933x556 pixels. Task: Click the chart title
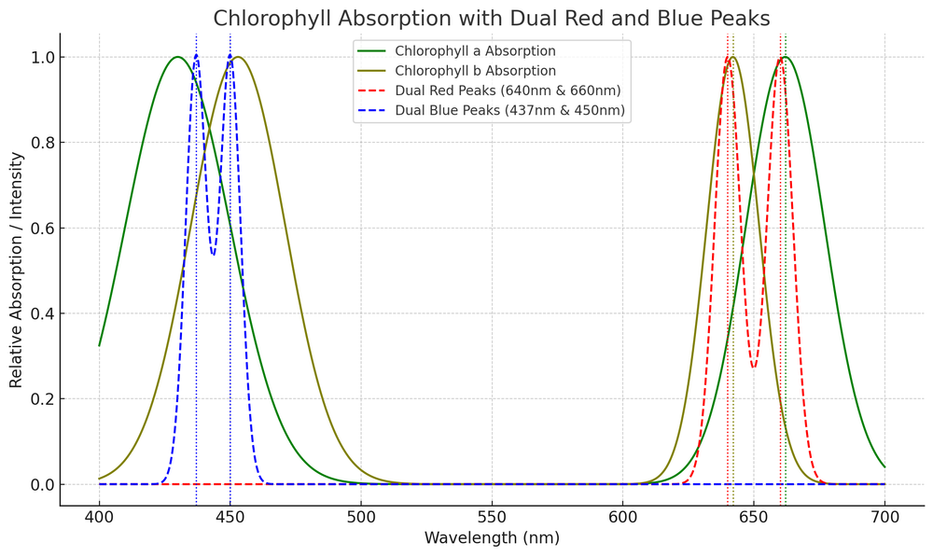click(x=492, y=19)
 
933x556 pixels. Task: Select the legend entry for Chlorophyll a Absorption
click(x=475, y=51)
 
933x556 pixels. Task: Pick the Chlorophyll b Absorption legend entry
click(x=475, y=71)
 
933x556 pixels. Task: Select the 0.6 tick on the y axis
click(x=41, y=229)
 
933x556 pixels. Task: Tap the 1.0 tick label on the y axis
click(x=41, y=58)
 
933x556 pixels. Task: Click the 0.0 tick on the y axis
click(x=41, y=485)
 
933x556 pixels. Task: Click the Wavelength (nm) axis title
click(x=492, y=539)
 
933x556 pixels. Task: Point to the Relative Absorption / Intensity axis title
click(x=17, y=271)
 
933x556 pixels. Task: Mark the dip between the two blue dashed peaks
click(x=214, y=255)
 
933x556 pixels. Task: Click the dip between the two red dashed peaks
click(x=754, y=368)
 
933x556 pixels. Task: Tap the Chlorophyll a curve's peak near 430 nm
click(x=177, y=57)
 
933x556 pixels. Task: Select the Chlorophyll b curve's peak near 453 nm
click(x=238, y=57)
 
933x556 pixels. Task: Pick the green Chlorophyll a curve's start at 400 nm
click(x=99, y=345)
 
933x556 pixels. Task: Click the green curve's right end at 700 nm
click(x=884, y=466)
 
